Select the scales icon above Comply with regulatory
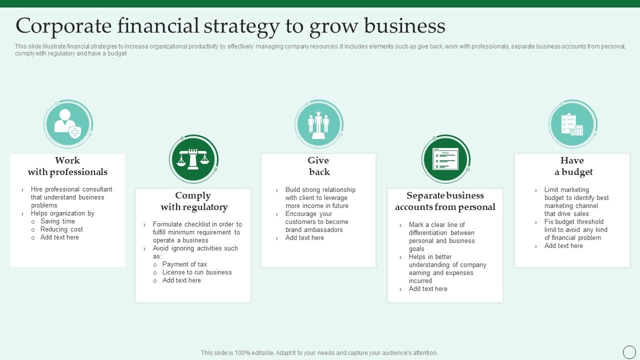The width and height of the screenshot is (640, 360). point(193,159)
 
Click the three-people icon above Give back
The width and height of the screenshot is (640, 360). point(318,124)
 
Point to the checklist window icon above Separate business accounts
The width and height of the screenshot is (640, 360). point(445,159)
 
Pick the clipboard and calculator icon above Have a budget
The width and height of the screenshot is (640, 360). point(572,124)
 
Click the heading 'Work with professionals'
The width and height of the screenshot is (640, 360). point(67,166)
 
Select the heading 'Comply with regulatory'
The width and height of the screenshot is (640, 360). point(194,201)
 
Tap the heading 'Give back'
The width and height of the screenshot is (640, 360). point(318,166)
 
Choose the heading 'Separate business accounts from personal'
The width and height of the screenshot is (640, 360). point(445,201)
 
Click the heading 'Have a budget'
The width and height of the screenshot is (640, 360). point(573,166)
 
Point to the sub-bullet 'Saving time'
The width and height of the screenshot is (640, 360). point(57,221)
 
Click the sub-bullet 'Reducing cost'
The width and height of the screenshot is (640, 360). point(61,229)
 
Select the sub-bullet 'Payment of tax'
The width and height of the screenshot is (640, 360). point(184,264)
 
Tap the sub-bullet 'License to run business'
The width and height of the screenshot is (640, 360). point(197,272)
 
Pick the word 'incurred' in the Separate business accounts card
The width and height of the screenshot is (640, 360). point(420,281)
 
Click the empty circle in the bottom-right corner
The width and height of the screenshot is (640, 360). point(629,352)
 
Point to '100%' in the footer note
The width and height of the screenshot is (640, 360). point(242,353)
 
